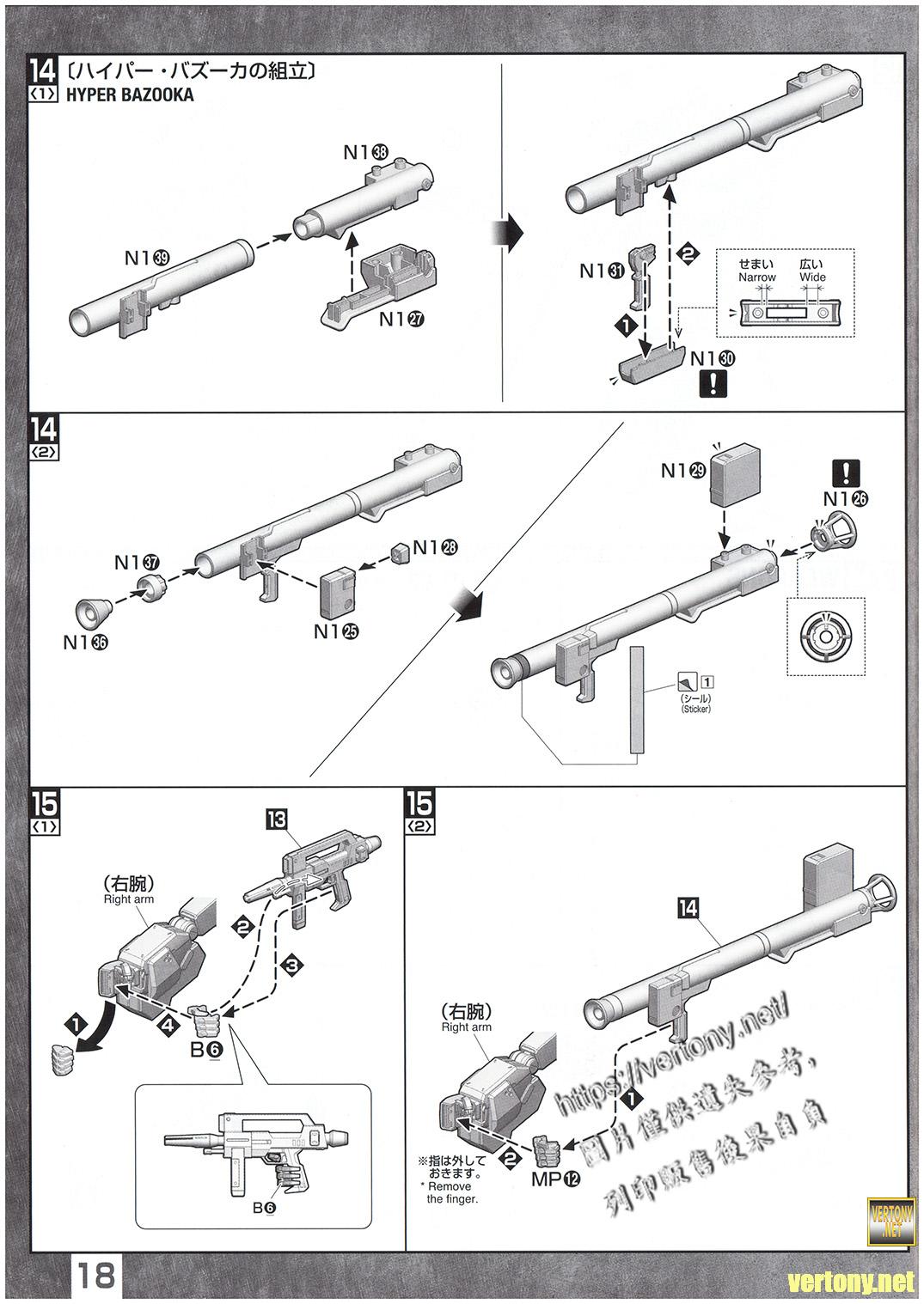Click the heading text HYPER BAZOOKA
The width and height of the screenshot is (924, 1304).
point(129,95)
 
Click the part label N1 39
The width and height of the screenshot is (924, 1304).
point(148,257)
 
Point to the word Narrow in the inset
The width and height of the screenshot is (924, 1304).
point(756,277)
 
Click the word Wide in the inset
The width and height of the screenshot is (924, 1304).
point(812,277)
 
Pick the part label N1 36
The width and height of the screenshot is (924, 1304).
point(86,643)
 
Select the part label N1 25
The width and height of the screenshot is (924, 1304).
point(336,632)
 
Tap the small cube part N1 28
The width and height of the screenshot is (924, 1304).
point(398,553)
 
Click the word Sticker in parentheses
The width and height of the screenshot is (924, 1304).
point(696,710)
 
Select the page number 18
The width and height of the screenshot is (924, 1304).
point(98,1276)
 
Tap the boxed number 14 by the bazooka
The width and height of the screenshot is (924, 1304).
point(688,907)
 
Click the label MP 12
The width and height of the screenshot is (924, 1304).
point(554,1179)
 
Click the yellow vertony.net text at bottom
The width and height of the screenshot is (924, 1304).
point(850,1283)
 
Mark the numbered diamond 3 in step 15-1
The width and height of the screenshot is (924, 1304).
point(293,966)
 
